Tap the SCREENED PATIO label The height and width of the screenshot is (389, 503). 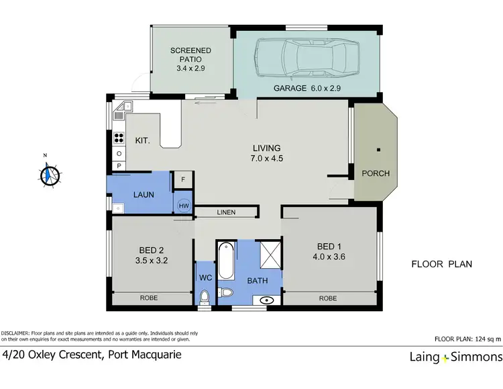[x=191, y=56]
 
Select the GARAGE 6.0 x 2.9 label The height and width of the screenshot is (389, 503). [x=308, y=89]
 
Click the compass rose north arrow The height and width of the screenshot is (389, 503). [x=48, y=173]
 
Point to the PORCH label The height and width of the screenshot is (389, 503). [x=376, y=173]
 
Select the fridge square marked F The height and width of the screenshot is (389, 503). [x=182, y=179]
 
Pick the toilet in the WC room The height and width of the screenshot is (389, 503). [x=205, y=296]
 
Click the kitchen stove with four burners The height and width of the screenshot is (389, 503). [x=119, y=139]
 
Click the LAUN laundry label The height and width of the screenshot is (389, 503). [x=144, y=195]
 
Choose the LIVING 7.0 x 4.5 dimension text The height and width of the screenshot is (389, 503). [x=266, y=159]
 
